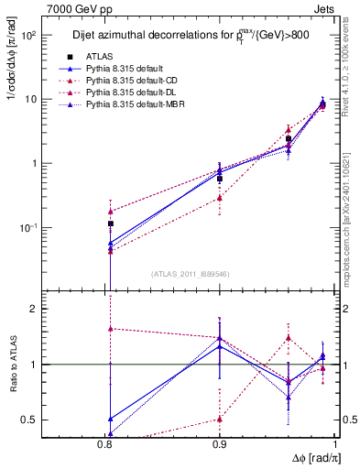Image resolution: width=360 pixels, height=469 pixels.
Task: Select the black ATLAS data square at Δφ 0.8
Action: (x=110, y=224)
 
